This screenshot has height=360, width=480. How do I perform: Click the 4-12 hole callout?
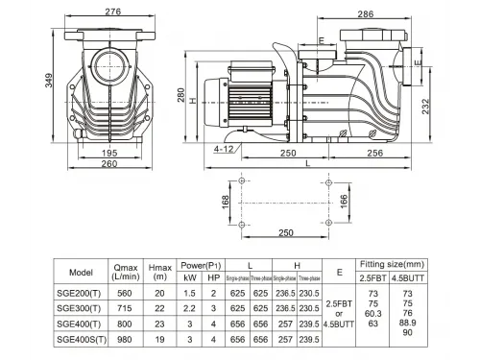pos(225,150)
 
